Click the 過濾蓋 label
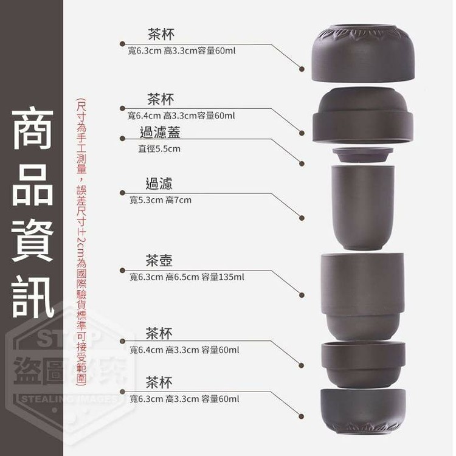pyautogui.click(x=160, y=133)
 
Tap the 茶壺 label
pyautogui.click(x=159, y=260)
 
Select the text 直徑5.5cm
pyautogui.click(x=159, y=149)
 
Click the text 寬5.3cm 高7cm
pyautogui.click(x=161, y=200)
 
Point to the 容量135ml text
pyautogui.click(x=223, y=277)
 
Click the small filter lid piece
pyautogui.click(x=362, y=155)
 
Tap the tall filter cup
pyautogui.click(x=362, y=207)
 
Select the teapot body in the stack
pyautogui.click(x=362, y=297)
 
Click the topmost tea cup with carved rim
pyautogui.click(x=363, y=54)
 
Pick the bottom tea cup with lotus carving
pyautogui.click(x=363, y=411)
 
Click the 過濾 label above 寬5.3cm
pyautogui.click(x=159, y=184)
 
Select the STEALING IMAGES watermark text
pyautogui.click(x=70, y=399)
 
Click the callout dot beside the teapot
pyautogui.click(x=302, y=295)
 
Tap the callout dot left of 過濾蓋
pyautogui.click(x=122, y=139)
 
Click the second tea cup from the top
pyautogui.click(x=363, y=115)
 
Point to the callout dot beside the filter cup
pyautogui.click(x=302, y=218)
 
